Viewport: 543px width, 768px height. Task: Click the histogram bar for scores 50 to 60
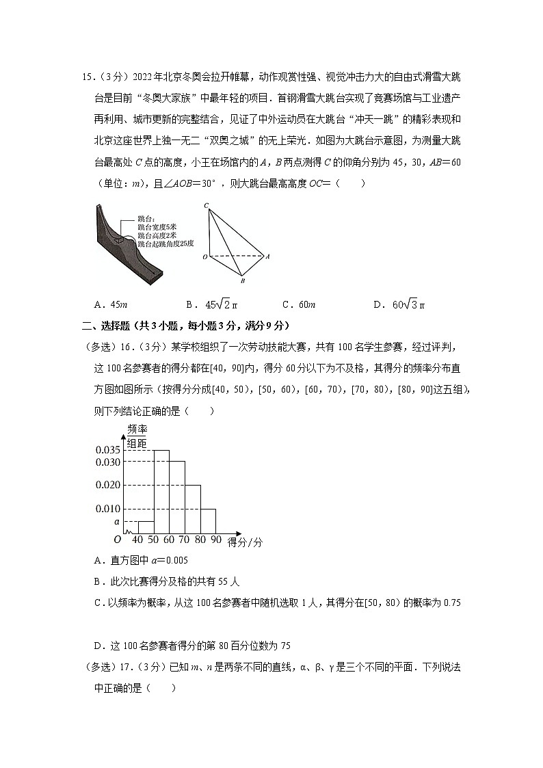(161, 491)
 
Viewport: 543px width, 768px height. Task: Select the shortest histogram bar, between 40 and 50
(146, 527)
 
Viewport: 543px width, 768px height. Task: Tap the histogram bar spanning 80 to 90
(208, 520)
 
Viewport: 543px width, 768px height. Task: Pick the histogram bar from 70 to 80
(192, 509)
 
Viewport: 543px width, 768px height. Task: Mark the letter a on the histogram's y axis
(117, 521)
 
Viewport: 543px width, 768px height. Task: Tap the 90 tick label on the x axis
(215, 541)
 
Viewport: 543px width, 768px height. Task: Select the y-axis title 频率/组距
(137, 436)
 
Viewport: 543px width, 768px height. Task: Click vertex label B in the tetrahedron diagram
(241, 280)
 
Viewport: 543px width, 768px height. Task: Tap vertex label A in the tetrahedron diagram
(267, 257)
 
